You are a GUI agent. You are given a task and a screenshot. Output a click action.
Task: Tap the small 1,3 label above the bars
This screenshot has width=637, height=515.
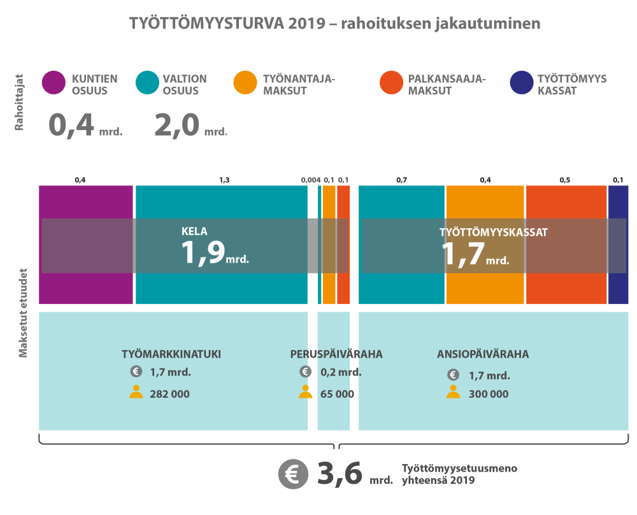(x=224, y=180)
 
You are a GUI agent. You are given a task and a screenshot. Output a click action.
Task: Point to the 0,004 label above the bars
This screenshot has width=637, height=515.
(x=310, y=180)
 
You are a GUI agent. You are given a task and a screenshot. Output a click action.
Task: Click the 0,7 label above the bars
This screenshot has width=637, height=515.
(x=402, y=180)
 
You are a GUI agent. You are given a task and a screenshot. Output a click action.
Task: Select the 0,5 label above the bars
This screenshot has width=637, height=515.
(x=565, y=180)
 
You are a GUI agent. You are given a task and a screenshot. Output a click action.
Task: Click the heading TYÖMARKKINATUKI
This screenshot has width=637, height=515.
(x=171, y=354)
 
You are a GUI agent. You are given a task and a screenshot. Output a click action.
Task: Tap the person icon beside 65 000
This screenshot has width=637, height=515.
(x=306, y=392)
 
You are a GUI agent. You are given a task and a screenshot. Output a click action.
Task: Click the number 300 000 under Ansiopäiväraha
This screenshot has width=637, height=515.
(x=489, y=394)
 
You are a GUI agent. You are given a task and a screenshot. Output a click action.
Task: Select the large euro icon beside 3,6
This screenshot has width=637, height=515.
(x=293, y=474)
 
